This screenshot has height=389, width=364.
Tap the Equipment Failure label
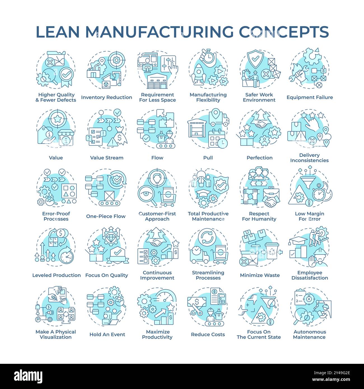(309, 97)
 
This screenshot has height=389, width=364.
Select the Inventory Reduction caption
(106, 97)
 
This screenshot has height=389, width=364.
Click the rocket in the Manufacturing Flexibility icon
(198, 73)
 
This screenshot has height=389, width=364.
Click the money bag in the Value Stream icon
(121, 137)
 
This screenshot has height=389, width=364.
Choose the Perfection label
(259, 158)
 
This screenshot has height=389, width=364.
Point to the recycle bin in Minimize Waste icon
(272, 251)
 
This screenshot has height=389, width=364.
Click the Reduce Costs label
(208, 334)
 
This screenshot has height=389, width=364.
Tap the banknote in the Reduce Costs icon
(197, 302)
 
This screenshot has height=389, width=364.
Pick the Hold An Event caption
(107, 334)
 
